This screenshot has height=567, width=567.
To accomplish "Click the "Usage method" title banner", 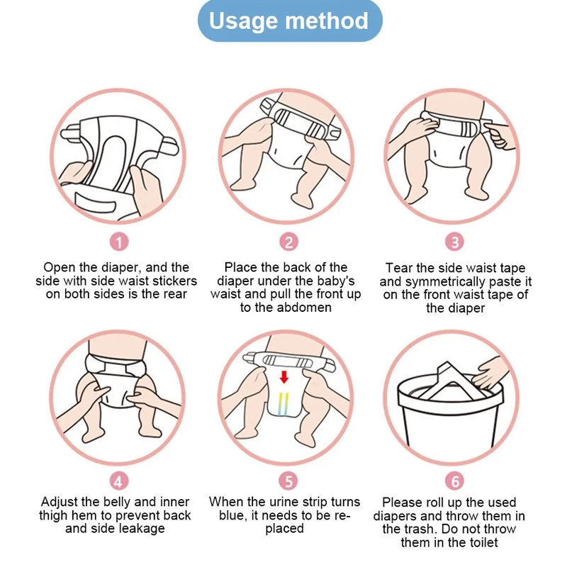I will pyautogui.click(x=288, y=21).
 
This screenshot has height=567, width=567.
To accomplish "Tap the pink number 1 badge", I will pyautogui.click(x=120, y=242).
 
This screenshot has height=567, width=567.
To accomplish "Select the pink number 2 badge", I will pyautogui.click(x=288, y=242).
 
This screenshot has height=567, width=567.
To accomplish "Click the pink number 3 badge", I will pyautogui.click(x=454, y=242).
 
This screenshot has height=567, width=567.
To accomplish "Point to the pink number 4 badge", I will pyautogui.click(x=120, y=481).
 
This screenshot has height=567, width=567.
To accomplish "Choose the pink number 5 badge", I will pyautogui.click(x=288, y=481).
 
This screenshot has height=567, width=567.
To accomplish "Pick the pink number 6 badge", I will pyautogui.click(x=454, y=481).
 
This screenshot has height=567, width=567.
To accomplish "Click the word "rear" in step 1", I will pyautogui.click(x=174, y=294).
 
